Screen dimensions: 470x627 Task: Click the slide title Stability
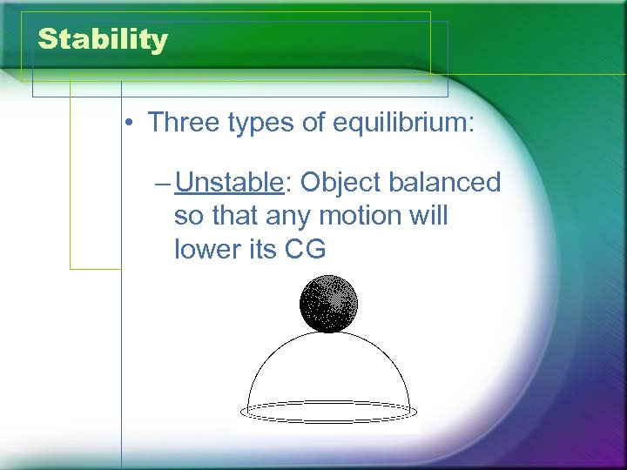103,40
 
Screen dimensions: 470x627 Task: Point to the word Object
335,184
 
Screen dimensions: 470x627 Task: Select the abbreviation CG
306,250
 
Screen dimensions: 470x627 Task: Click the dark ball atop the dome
328,304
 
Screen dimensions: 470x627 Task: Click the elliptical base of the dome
328,410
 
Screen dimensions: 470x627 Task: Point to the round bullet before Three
128,123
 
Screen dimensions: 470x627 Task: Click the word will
427,216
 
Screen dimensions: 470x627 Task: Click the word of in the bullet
311,122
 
